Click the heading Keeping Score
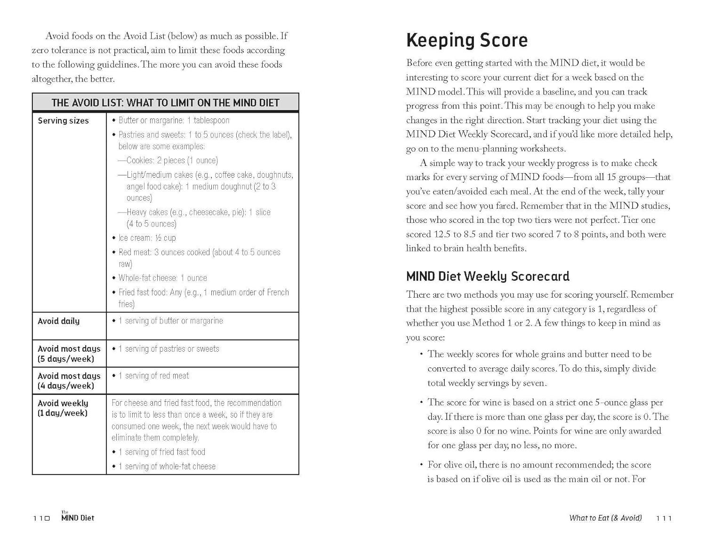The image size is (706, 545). tap(466, 40)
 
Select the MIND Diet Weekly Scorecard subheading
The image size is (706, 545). tap(488, 276)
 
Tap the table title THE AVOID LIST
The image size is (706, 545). tap(165, 103)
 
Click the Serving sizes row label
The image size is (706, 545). tap(63, 121)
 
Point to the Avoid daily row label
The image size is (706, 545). tap(58, 321)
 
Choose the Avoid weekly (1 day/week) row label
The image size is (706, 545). tap(63, 408)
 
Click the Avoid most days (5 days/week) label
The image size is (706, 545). tap(69, 354)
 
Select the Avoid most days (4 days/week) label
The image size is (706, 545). tap(69, 381)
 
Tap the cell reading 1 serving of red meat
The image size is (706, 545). tap(153, 376)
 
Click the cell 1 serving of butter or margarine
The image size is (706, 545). tap(170, 321)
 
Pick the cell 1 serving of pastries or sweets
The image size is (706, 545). tap(168, 349)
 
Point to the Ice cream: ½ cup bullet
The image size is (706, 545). tap(147, 238)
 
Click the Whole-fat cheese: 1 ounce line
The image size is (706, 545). tap(162, 278)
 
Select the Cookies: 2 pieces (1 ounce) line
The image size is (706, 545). tap(172, 160)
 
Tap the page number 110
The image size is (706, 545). tap(41, 518)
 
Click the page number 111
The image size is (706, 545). tap(664, 518)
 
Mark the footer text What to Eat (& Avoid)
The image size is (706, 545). tap(605, 518)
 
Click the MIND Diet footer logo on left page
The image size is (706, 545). tap(77, 517)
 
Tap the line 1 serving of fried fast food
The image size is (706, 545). tap(161, 452)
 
